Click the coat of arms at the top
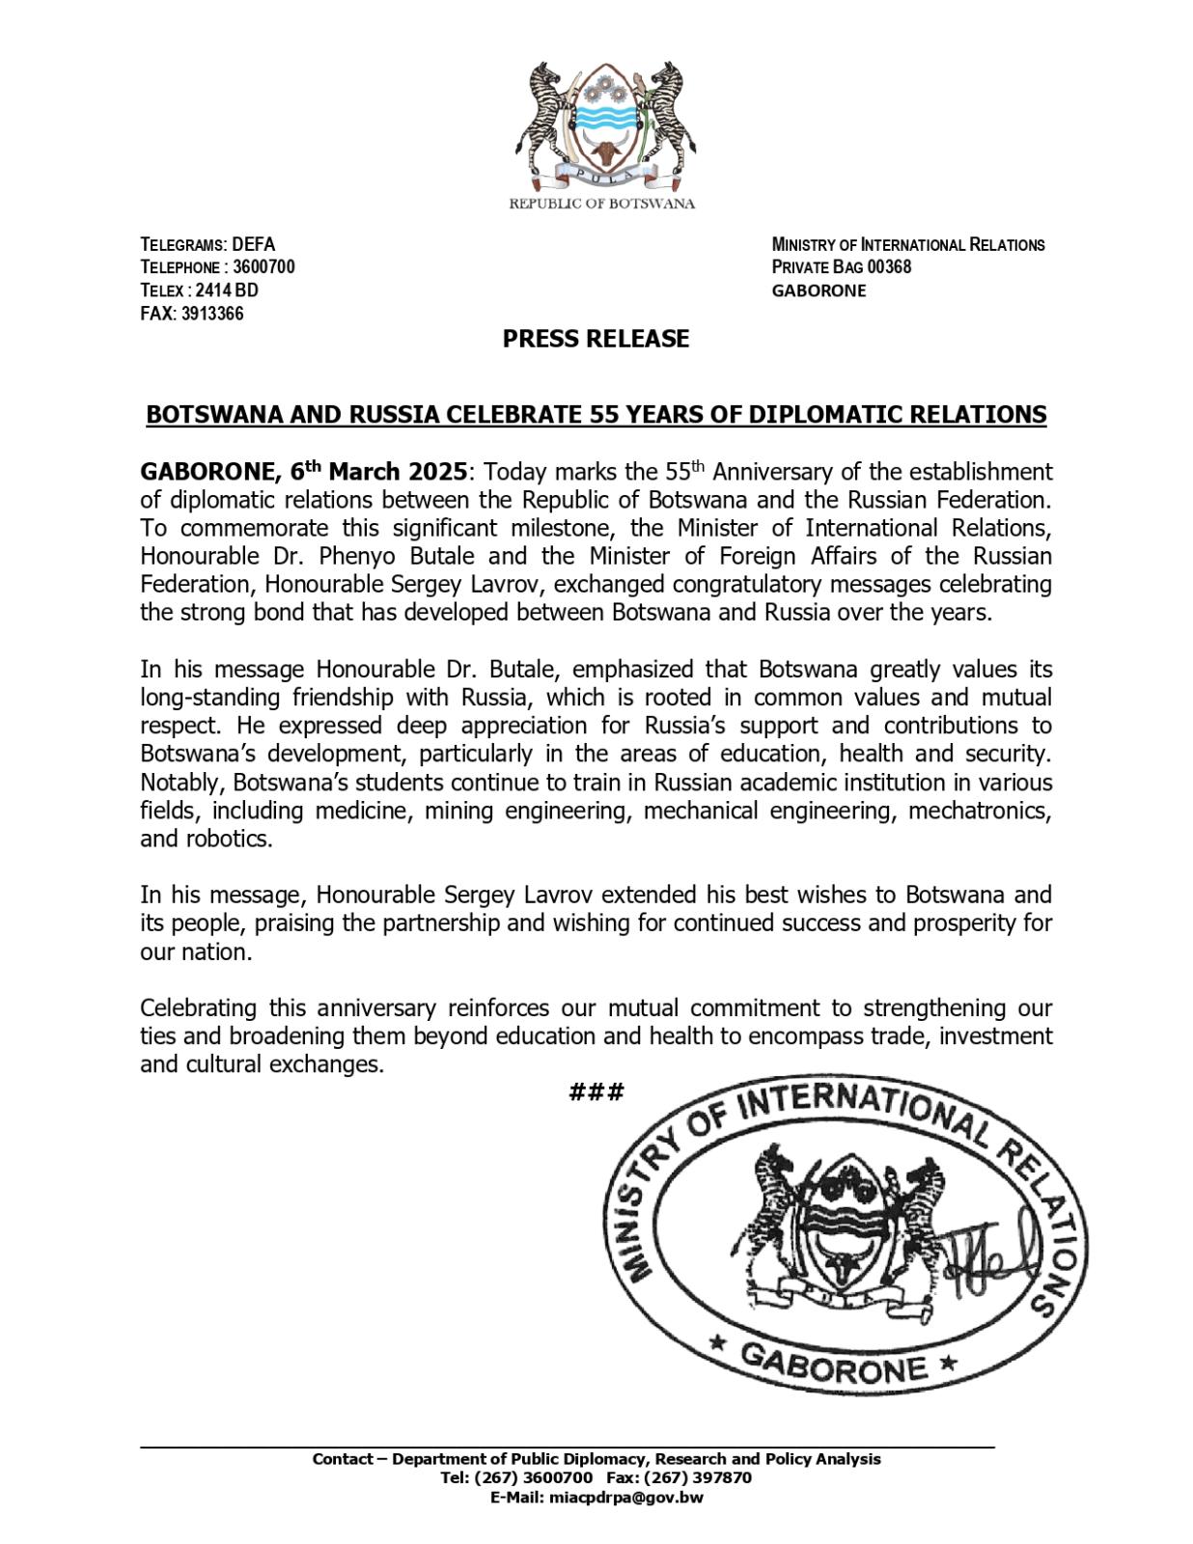coord(601,126)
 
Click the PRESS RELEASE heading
coord(596,339)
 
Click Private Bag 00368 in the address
coord(841,267)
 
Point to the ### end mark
coord(596,1092)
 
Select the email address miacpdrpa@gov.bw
coord(624,1498)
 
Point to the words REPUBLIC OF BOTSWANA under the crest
coord(601,204)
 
